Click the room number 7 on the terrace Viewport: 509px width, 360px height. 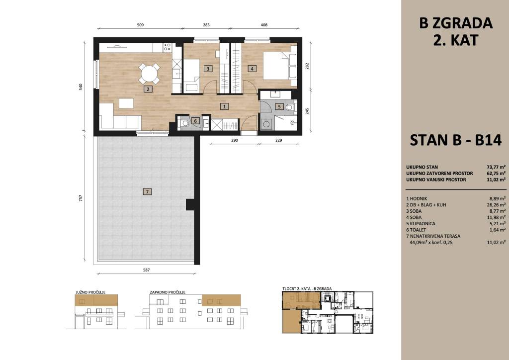(x=147, y=192)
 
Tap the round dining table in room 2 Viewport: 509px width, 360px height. (x=149, y=74)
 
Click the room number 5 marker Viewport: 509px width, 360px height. (x=279, y=106)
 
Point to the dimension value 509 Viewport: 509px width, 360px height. (x=140, y=25)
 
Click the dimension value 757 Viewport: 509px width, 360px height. (x=81, y=198)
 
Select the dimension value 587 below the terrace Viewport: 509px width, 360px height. (x=147, y=270)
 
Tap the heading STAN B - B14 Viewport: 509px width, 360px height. (x=456, y=140)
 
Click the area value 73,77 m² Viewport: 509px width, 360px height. (x=496, y=167)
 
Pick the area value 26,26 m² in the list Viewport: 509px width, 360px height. (x=496, y=205)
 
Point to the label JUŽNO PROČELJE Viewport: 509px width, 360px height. (x=90, y=292)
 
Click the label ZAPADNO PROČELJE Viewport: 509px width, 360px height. (x=168, y=292)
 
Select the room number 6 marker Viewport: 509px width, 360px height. (x=195, y=121)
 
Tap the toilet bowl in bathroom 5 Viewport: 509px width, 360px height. (x=289, y=107)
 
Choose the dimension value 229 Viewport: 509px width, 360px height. (x=278, y=140)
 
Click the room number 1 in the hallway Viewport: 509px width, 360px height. (x=224, y=106)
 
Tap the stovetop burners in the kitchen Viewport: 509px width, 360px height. (x=167, y=47)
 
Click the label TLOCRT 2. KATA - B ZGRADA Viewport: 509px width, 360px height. (x=307, y=288)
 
